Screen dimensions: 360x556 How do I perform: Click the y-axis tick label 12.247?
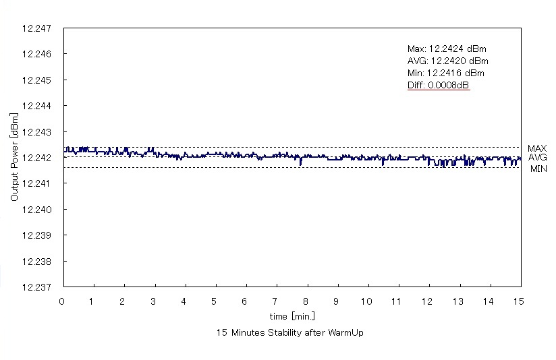click(x=37, y=28)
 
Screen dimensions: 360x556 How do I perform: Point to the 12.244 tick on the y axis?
click(x=37, y=106)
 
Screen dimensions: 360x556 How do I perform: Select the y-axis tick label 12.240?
click(x=37, y=210)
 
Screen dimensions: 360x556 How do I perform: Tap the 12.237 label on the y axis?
click(x=37, y=287)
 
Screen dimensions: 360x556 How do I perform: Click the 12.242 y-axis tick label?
click(x=37, y=158)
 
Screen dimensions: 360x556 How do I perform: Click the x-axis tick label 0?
click(x=62, y=300)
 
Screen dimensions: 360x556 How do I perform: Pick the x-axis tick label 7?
click(x=275, y=300)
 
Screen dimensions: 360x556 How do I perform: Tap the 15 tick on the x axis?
click(x=518, y=300)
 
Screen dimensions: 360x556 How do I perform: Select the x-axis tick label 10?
click(x=366, y=300)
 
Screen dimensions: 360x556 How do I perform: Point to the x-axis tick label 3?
click(x=154, y=300)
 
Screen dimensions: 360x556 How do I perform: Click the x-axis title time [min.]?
click(x=292, y=316)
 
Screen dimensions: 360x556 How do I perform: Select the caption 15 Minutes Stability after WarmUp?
click(x=290, y=333)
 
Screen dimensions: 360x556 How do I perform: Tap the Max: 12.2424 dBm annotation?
click(x=447, y=49)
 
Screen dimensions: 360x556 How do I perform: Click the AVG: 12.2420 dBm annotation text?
click(x=447, y=61)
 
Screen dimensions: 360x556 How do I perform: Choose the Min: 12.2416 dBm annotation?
click(x=446, y=73)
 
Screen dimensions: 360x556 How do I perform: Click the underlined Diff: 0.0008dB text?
click(x=439, y=85)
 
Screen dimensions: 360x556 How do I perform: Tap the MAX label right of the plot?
click(x=537, y=148)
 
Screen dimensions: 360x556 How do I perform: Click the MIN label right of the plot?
click(x=538, y=169)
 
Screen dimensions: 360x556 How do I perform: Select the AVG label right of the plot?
click(x=537, y=157)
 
